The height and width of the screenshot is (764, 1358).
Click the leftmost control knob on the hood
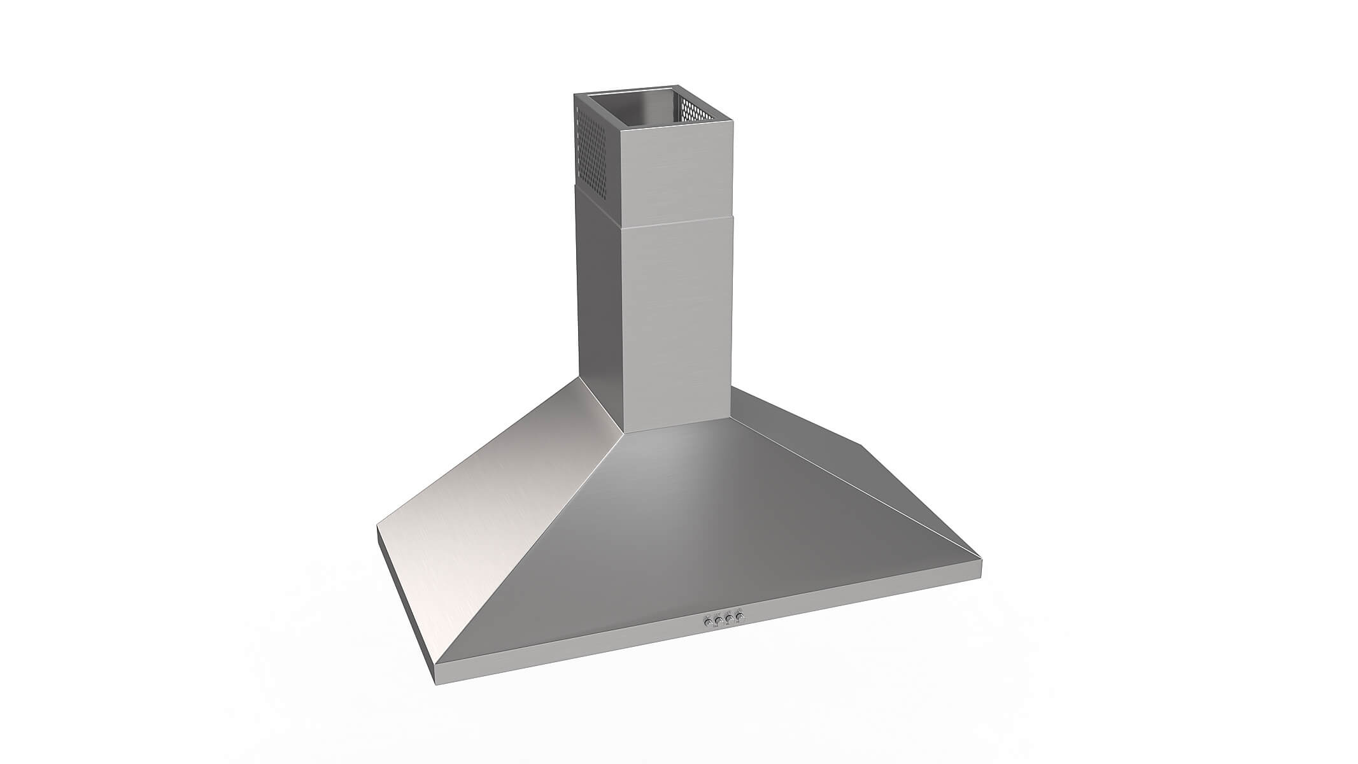click(707, 621)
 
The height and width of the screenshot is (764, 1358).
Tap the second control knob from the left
click(718, 619)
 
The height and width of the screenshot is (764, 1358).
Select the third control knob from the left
click(728, 618)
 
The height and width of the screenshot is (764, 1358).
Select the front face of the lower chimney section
click(678, 318)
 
